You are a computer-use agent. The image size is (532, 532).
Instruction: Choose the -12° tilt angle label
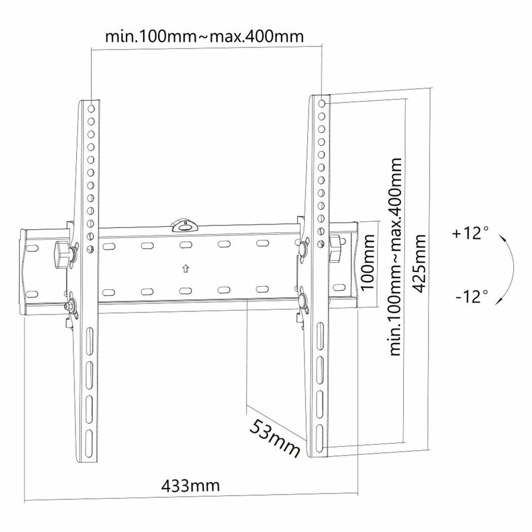click(471, 296)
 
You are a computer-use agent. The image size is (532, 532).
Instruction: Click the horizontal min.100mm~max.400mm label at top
click(205, 35)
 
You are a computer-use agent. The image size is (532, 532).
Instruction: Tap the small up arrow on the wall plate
click(185, 269)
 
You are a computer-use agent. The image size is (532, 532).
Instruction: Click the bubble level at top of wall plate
click(184, 224)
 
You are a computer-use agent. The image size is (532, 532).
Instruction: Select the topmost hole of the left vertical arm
click(91, 108)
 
